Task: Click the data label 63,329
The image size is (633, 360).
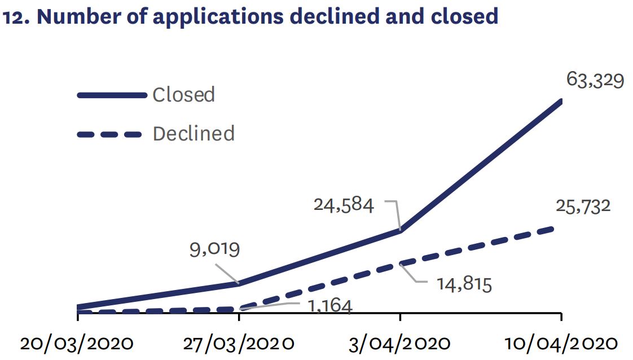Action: (x=595, y=81)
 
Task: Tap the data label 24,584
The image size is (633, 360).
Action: (x=344, y=204)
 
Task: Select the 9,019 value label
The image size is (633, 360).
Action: (x=214, y=248)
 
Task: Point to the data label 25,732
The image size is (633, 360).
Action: (x=583, y=206)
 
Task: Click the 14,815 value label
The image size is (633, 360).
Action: (x=464, y=283)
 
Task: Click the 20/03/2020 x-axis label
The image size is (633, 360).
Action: (x=77, y=343)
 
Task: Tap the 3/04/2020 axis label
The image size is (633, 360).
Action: (x=399, y=343)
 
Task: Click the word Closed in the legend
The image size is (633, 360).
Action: (x=183, y=94)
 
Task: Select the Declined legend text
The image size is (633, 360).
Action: (x=194, y=134)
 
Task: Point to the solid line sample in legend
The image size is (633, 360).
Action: (x=111, y=95)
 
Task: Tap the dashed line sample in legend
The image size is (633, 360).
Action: (x=109, y=134)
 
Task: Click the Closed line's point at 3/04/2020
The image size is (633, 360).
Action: (x=400, y=230)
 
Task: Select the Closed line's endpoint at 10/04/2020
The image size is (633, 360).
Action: (x=560, y=101)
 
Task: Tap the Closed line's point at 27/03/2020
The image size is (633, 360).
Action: (x=239, y=283)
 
